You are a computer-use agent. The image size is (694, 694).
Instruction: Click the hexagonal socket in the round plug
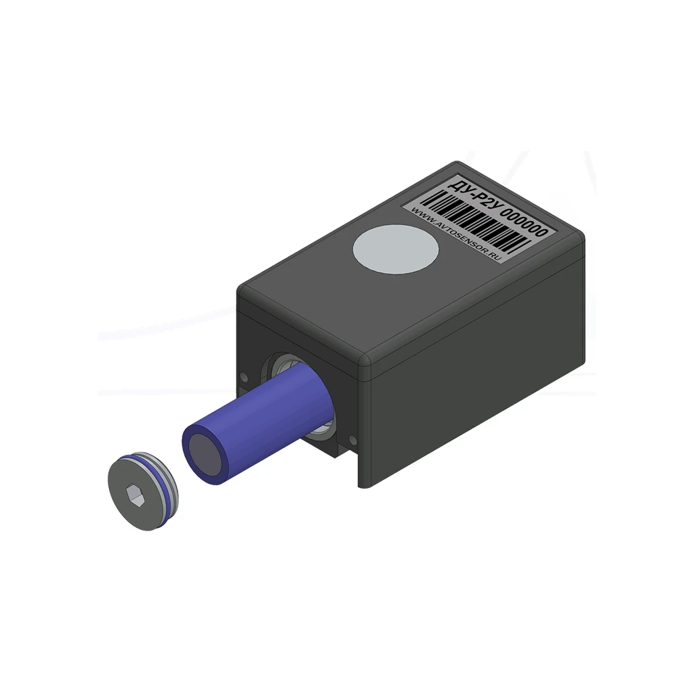(136, 494)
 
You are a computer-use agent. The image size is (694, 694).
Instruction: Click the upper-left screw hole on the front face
(243, 377)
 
